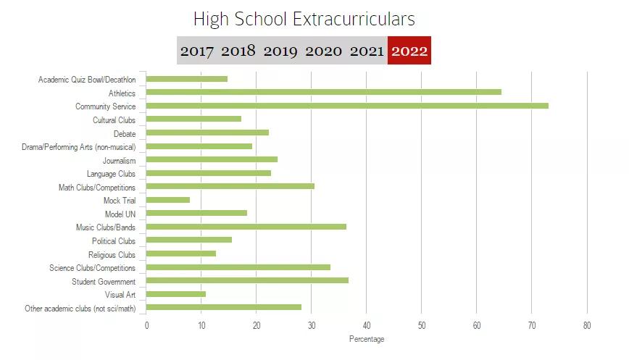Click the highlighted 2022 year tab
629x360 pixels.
(409, 51)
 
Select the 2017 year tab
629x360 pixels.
(197, 51)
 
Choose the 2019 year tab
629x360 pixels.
(280, 51)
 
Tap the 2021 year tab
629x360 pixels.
(367, 51)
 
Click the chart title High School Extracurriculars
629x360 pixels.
(304, 19)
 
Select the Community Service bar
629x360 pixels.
(347, 106)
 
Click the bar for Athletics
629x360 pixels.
(324, 92)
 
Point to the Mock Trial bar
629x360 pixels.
(168, 200)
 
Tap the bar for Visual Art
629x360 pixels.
(176, 294)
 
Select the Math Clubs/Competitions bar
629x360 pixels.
(230, 186)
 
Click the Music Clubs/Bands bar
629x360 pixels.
(246, 227)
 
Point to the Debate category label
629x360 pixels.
(124, 133)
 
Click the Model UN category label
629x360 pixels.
(120, 214)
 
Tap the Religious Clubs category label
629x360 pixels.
(112, 254)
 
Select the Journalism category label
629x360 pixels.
(119, 160)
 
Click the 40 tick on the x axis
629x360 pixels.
(367, 326)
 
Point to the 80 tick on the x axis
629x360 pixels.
(587, 326)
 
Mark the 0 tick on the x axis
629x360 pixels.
(146, 326)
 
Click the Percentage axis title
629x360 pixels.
(367, 339)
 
